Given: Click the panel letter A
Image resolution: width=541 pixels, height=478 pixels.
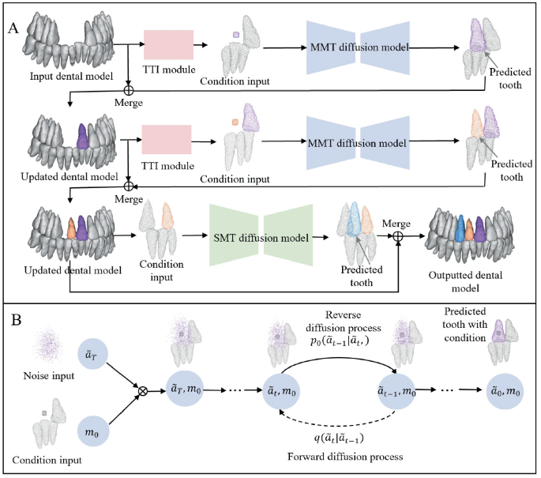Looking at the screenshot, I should (x=13, y=26).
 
